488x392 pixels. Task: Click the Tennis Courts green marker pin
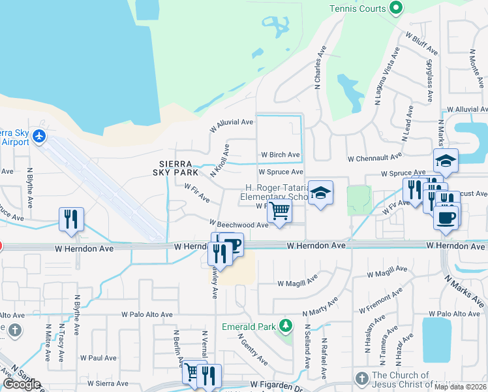point(395,8)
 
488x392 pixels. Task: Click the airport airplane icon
point(39,136)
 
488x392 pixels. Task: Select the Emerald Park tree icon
point(285,325)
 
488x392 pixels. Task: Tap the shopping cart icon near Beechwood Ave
point(279,211)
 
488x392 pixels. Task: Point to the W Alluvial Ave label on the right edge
point(466,110)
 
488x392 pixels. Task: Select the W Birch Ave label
point(280,155)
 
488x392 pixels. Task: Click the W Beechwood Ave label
point(239,225)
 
